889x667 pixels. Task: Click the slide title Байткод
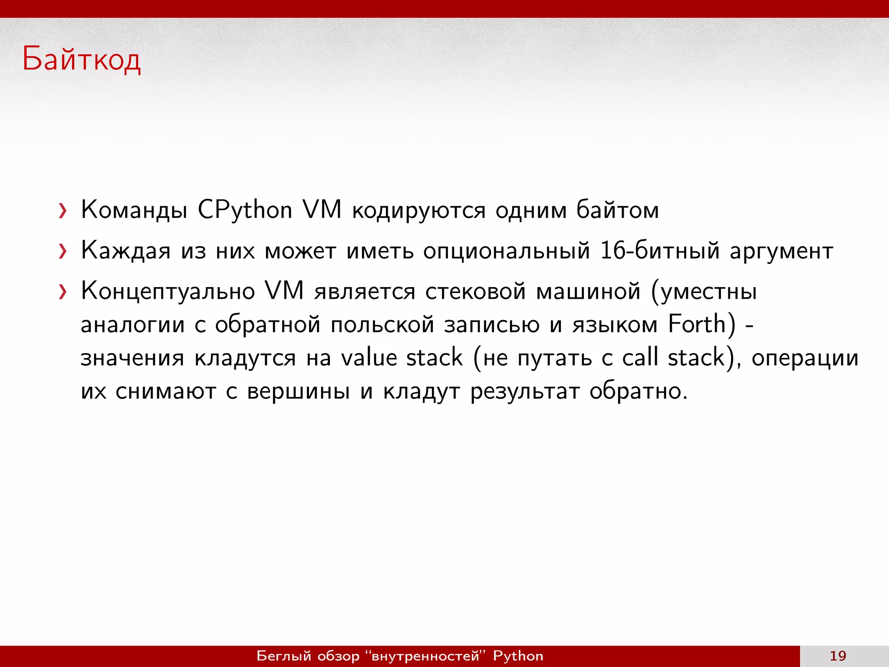pos(82,59)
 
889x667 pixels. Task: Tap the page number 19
pos(838,656)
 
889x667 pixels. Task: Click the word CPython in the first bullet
pos(245,210)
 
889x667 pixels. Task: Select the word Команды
pos(134,210)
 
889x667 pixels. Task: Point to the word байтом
pos(617,210)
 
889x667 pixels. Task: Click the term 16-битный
pos(660,251)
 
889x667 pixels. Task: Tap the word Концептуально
pos(168,291)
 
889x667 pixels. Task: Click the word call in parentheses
pos(640,357)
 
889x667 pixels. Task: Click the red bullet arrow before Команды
pos(63,211)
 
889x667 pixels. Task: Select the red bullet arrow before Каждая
pos(63,251)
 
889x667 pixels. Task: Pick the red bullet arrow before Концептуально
pos(63,292)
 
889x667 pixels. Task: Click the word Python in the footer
pos(518,656)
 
